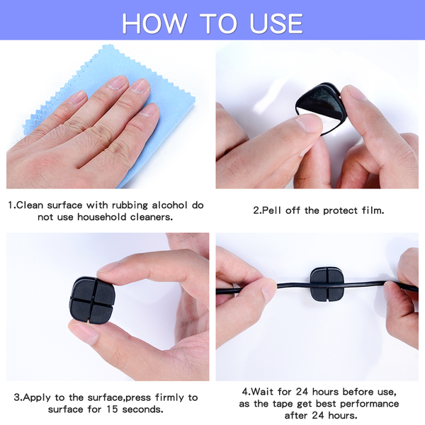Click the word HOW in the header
(154, 23)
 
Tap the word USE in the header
(276, 23)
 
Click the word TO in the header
(218, 23)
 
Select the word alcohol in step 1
(170, 205)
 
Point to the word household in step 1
(101, 217)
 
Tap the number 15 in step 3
(112, 409)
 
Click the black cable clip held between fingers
(93, 300)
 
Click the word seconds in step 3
(142, 409)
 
